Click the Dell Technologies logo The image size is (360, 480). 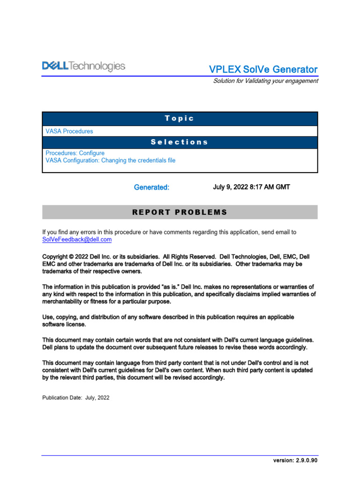tap(84, 66)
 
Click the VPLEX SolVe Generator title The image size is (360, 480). tap(263, 69)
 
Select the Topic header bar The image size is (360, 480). tap(180, 119)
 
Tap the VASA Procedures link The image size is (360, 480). tap(69, 131)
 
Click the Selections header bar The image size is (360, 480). tap(180, 142)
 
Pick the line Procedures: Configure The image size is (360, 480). tap(75, 153)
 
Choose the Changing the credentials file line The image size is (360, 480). tap(110, 160)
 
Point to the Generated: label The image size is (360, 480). tap(151, 187)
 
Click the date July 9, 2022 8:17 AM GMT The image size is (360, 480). tap(251, 187)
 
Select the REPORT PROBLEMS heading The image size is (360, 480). tap(180, 212)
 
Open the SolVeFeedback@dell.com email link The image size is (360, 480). tap(77, 240)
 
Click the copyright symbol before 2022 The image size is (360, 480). tap(71, 257)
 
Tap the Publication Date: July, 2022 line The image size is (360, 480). tap(76, 397)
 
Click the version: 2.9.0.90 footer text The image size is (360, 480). tap(295, 460)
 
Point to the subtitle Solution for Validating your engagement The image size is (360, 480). tap(265, 81)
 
